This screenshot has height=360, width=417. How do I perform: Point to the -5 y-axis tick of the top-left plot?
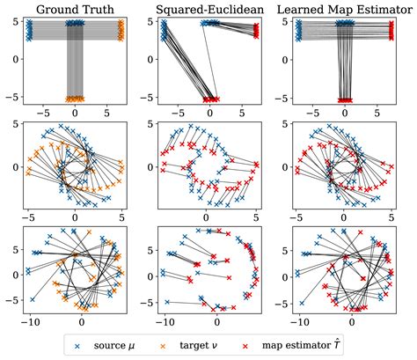tap(15, 99)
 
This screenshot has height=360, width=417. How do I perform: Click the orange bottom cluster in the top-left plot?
tap(76, 99)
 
